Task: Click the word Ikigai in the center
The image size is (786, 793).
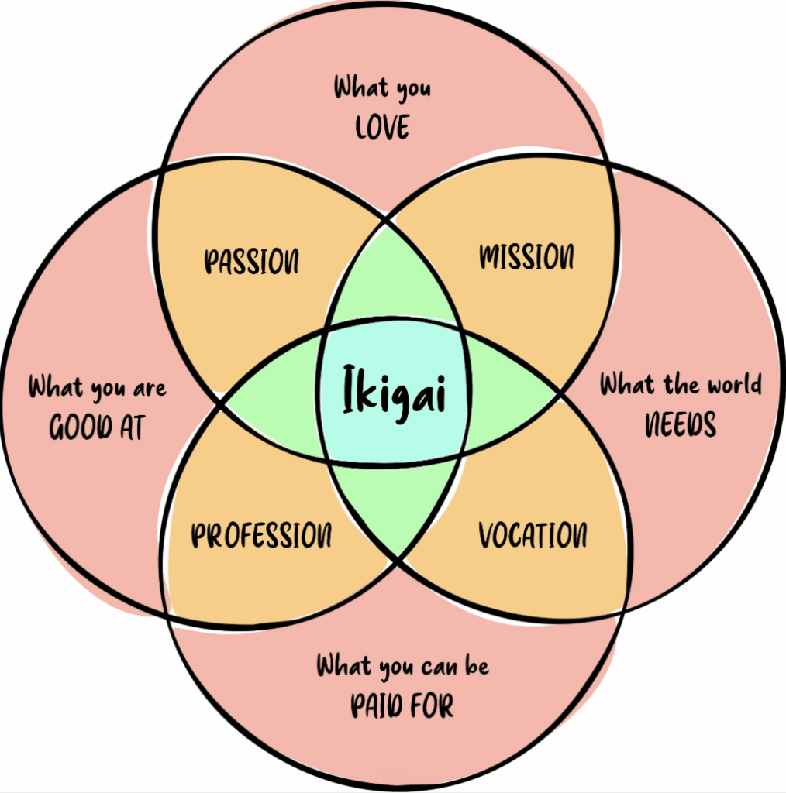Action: click(x=395, y=393)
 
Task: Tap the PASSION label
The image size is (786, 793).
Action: click(x=251, y=262)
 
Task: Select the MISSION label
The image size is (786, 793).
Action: click(x=527, y=256)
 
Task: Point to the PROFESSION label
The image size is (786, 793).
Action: click(x=261, y=535)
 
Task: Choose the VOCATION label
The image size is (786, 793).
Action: click(x=533, y=535)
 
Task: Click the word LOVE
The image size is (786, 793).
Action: click(x=382, y=127)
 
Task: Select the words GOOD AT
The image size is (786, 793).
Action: click(x=97, y=427)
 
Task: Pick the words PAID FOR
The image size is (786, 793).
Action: click(x=402, y=705)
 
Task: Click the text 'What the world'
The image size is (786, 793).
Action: click(x=681, y=384)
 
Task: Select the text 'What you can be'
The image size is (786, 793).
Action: click(x=402, y=665)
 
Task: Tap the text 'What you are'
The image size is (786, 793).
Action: click(x=98, y=387)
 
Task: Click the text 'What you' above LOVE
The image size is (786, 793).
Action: click(x=382, y=88)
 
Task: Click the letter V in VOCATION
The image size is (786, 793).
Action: click(x=487, y=535)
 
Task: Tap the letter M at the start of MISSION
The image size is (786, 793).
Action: click(x=491, y=257)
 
